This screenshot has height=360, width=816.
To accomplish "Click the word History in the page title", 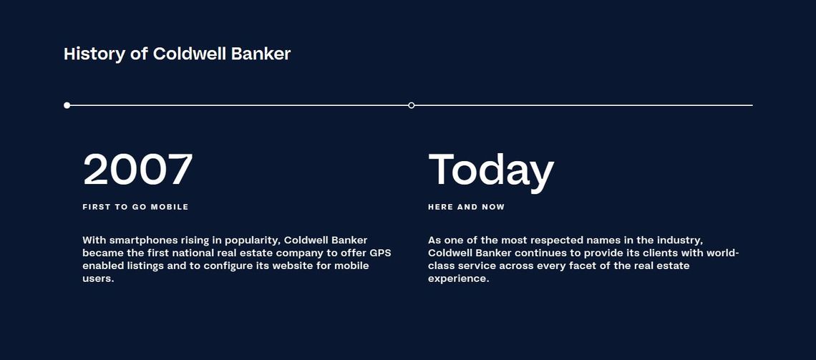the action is pyautogui.click(x=94, y=54).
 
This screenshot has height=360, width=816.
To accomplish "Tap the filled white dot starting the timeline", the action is pyautogui.click(x=67, y=105).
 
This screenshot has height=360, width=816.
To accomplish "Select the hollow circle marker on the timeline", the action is pyautogui.click(x=411, y=105).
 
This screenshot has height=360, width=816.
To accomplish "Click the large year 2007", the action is pyautogui.click(x=138, y=169).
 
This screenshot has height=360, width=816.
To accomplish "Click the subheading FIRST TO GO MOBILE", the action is pyautogui.click(x=135, y=207).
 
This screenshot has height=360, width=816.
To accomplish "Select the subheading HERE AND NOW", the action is pyautogui.click(x=466, y=207).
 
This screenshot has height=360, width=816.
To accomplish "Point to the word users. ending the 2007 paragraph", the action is pyautogui.click(x=98, y=279).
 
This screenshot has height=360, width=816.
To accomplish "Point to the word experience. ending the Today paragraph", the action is pyautogui.click(x=459, y=279).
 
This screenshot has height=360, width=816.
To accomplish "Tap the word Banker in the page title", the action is pyautogui.click(x=261, y=54).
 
